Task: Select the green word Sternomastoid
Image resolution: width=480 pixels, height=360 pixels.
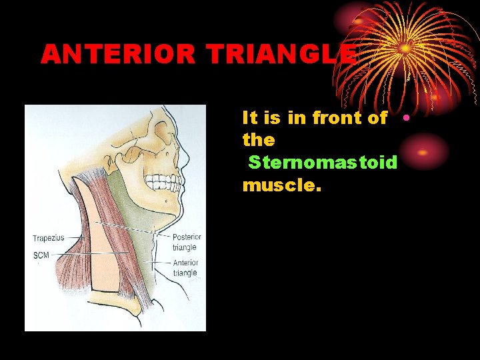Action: coord(323,162)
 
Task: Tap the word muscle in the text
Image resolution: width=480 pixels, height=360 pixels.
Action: coord(281,185)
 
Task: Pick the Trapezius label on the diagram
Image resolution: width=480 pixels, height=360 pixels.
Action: coord(49,238)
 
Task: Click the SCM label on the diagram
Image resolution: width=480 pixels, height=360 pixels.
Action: coord(41,255)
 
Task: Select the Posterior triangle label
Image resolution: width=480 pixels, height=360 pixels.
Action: coord(187,241)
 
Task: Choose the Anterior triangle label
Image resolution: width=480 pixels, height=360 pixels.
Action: coord(185,267)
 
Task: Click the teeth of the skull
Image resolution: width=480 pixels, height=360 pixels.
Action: coord(163,181)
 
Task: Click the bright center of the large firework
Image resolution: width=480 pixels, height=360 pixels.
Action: coord(405,49)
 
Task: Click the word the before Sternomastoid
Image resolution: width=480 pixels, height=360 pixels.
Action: coord(259,140)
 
